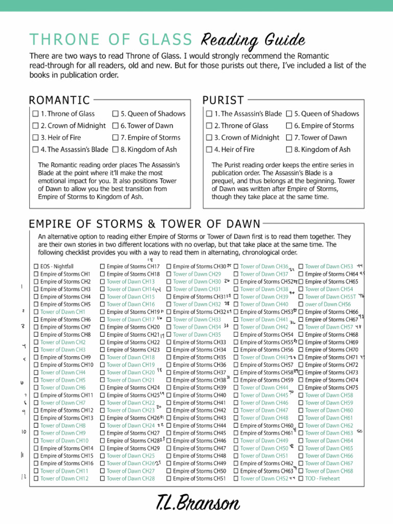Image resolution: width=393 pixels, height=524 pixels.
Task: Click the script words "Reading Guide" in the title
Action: coord(254,40)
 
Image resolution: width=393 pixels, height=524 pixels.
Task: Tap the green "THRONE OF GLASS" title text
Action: coord(111,39)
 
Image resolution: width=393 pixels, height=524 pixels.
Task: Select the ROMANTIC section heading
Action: coord(59,100)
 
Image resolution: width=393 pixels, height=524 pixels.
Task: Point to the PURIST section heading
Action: coord(223,100)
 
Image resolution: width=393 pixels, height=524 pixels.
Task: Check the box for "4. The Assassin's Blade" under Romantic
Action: coord(35,149)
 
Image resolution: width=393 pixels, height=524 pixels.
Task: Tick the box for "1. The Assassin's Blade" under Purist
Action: coord(209,114)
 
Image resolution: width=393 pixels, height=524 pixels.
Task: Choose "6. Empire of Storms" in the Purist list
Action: coord(324,125)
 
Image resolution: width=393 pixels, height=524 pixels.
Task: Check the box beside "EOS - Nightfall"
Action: coord(36,267)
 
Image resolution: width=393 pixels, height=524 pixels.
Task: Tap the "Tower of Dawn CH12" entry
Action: coord(64,478)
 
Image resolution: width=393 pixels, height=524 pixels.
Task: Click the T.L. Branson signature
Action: coord(198,504)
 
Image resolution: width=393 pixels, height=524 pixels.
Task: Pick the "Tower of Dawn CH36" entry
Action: coord(264,267)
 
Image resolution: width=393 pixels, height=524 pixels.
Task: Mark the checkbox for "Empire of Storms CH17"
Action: coord(102,267)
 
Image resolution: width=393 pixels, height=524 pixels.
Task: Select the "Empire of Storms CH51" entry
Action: coord(199,478)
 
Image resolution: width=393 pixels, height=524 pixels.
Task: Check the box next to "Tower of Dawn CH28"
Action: coord(102,478)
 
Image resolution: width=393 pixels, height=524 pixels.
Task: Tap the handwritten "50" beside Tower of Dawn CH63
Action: coord(359,432)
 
